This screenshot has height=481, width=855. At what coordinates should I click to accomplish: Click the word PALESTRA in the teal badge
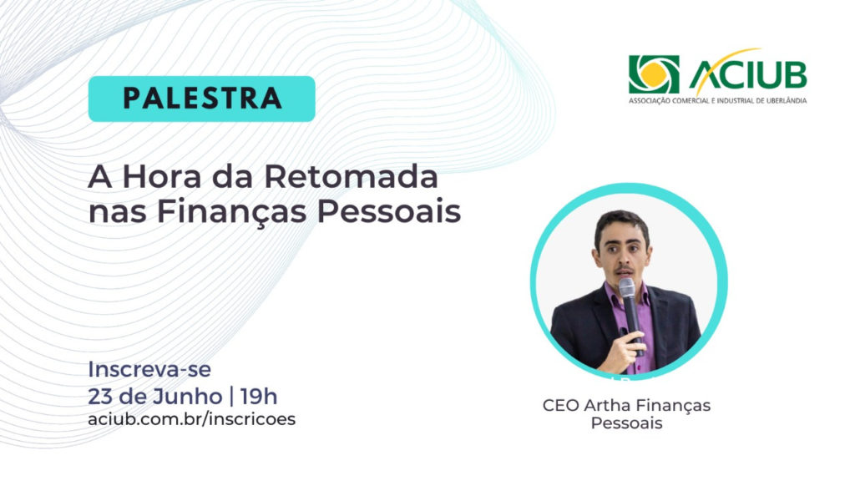202,99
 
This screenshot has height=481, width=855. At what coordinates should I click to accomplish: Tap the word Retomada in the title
352,177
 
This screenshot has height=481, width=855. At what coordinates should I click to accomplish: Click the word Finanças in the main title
232,211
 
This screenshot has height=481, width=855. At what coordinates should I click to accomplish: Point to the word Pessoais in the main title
389,211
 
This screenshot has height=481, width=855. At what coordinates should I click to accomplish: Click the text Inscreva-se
149,369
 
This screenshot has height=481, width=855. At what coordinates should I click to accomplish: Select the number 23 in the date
100,397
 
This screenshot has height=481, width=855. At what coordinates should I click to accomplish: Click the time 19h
259,397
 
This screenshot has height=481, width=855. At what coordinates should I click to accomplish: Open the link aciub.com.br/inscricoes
191,419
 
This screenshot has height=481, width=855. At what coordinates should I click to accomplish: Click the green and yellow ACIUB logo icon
654,74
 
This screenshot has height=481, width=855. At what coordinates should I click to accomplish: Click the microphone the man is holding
630,311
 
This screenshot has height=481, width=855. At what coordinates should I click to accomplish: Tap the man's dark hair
621,225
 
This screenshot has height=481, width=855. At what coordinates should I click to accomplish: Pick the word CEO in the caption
560,406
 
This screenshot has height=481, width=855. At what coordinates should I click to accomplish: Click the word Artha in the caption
606,406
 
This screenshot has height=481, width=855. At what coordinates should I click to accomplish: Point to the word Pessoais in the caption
626,423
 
